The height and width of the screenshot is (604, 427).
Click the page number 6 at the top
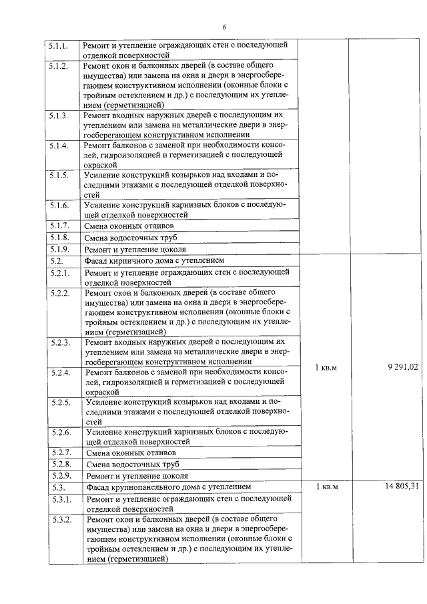tap(224, 27)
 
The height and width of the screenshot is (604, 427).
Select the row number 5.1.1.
tap(59, 45)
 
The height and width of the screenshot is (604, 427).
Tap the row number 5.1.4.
tap(59, 146)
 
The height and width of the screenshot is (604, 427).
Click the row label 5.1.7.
tap(59, 225)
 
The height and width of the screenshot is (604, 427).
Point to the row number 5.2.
tap(56, 261)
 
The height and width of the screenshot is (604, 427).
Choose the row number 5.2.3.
tap(60, 342)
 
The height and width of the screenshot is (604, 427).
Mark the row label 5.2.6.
tap(60, 432)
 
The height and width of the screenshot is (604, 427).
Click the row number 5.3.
tap(57, 487)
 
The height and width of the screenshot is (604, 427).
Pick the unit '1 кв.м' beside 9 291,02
tap(326, 366)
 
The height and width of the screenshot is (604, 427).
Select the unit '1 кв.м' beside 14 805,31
tap(327, 487)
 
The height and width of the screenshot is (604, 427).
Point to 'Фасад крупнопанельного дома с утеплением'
tap(167, 487)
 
